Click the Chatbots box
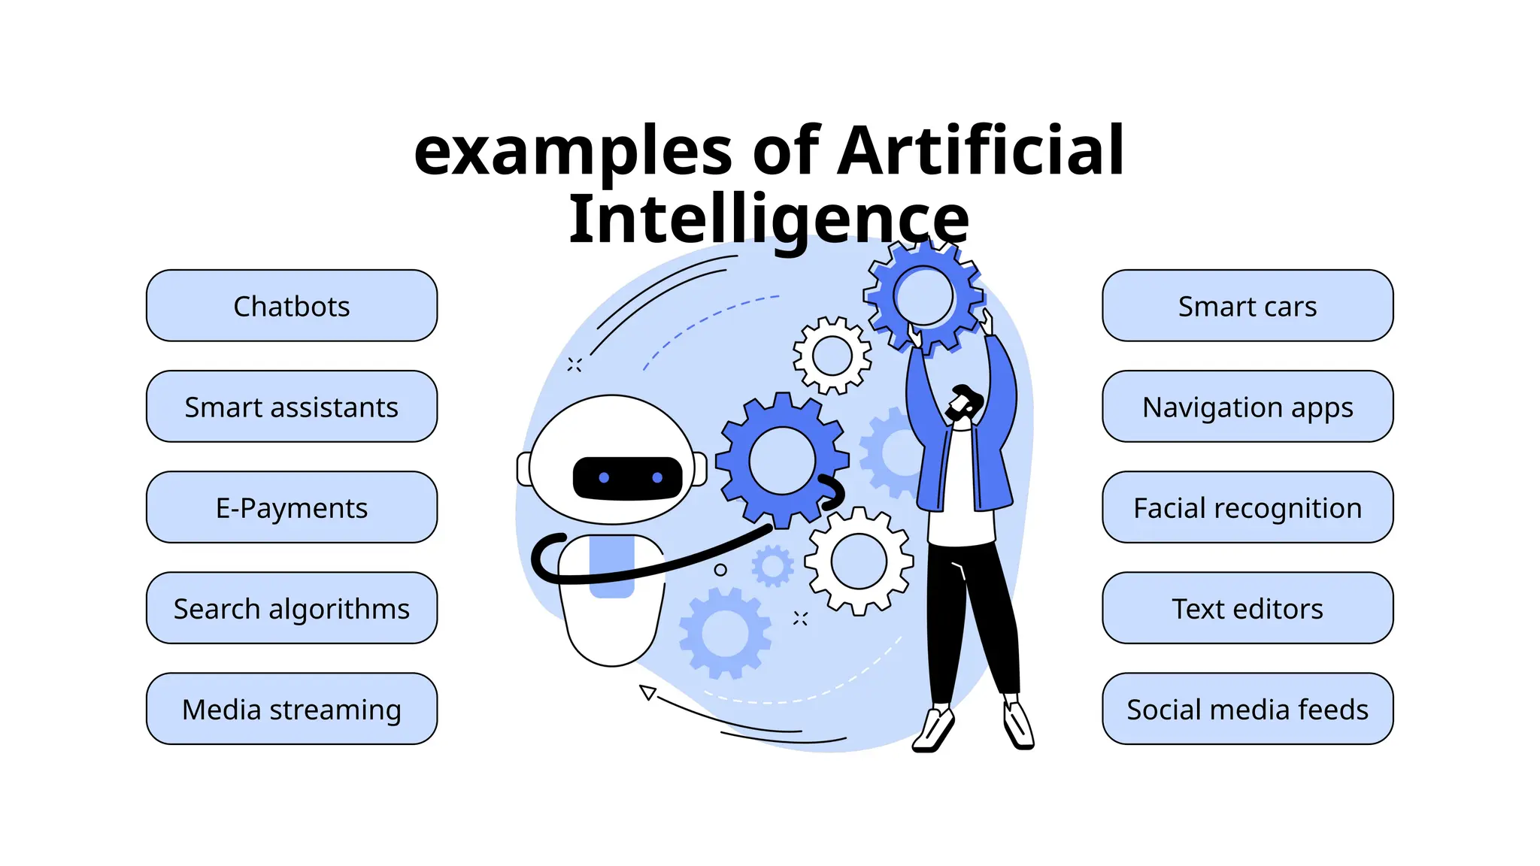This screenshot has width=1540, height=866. tap(292, 306)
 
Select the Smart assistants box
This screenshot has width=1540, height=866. tap(292, 407)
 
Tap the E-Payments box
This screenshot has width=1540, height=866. tap(292, 507)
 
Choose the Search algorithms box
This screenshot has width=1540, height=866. tap(292, 608)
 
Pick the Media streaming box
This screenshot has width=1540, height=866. tap(292, 709)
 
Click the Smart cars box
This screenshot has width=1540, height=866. tap(1247, 306)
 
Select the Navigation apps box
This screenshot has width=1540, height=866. tap(1247, 407)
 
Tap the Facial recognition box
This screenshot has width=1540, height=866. tap(1247, 507)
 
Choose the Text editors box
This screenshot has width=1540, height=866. tap(1247, 608)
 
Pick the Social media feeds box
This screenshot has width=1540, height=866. tap(1247, 709)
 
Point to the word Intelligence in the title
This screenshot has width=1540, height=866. tap(768, 219)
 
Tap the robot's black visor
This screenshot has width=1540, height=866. tap(628, 478)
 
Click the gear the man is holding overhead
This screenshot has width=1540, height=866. tap(924, 296)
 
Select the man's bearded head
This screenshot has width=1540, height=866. tap(963, 404)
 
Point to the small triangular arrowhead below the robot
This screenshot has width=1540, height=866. tap(647, 692)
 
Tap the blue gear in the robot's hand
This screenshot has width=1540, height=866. tap(782, 459)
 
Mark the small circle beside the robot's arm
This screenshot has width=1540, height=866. tap(720, 570)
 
